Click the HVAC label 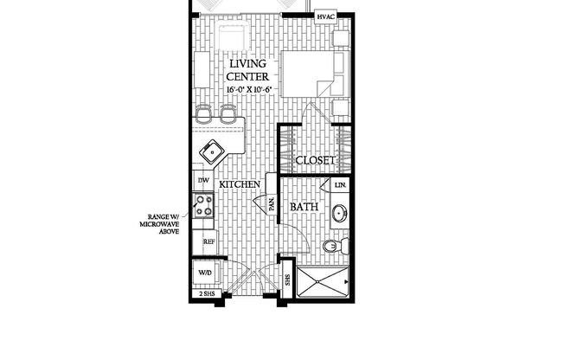pyautogui.click(x=326, y=16)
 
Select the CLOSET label pyautogui.click(x=315, y=161)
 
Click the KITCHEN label pyautogui.click(x=240, y=185)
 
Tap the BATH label pyautogui.click(x=304, y=208)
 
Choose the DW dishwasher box pyautogui.click(x=203, y=180)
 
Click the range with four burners pyautogui.click(x=204, y=206)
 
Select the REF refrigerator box pyautogui.click(x=208, y=243)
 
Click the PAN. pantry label pyautogui.click(x=271, y=204)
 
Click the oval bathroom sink pyautogui.click(x=340, y=213)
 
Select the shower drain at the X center pyautogui.click(x=324, y=281)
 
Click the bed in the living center pyautogui.click(x=312, y=73)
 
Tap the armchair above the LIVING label pyautogui.click(x=231, y=36)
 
